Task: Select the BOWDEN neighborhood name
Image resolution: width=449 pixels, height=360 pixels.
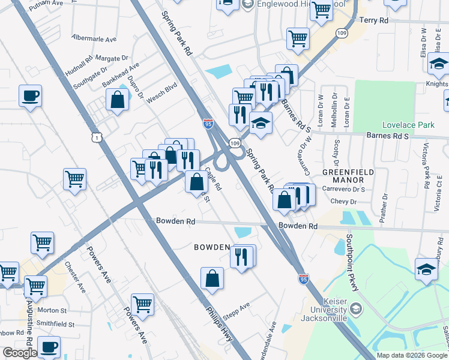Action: [x=211, y=247]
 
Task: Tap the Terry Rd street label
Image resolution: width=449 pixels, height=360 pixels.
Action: [x=373, y=20]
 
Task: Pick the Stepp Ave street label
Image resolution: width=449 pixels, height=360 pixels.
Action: [x=236, y=309]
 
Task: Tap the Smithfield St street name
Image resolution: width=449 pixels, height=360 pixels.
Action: [x=55, y=324]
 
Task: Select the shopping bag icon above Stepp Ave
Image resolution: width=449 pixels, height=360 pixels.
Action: [x=212, y=278]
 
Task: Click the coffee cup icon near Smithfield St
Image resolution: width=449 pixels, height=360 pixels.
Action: [x=49, y=346]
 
